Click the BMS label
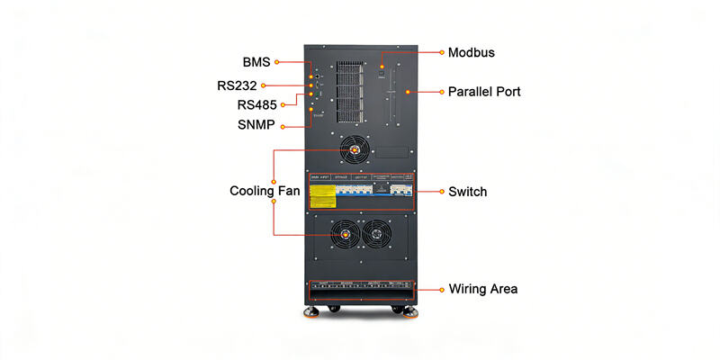click(256, 62)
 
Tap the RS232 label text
click(237, 85)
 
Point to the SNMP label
click(256, 125)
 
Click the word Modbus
click(471, 52)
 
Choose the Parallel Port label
click(484, 92)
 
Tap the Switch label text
click(467, 192)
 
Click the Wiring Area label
click(482, 289)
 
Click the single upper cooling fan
click(355, 149)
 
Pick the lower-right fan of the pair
click(373, 235)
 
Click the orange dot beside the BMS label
click(277, 62)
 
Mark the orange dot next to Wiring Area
click(440, 289)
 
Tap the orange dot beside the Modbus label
click(441, 52)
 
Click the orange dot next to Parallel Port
click(441, 92)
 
